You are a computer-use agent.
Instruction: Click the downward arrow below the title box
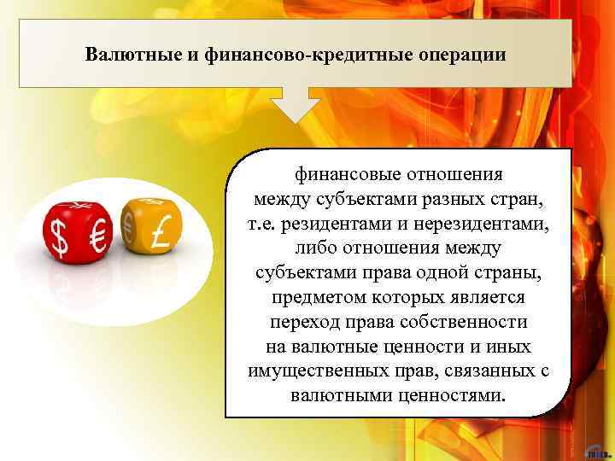click(x=296, y=107)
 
